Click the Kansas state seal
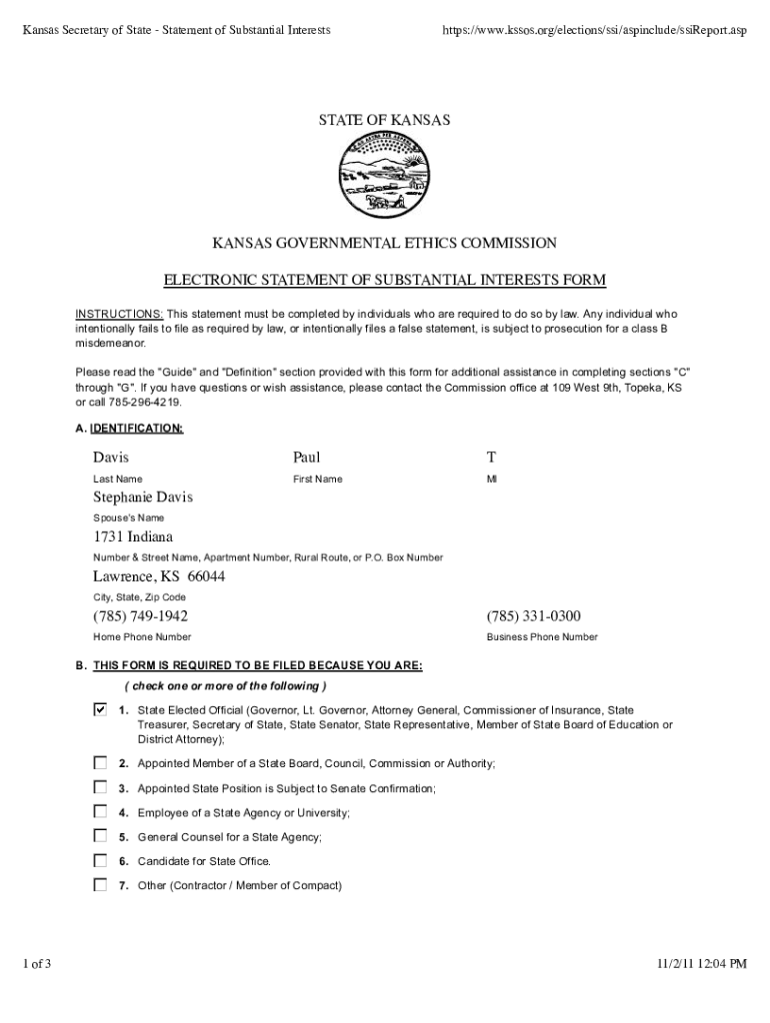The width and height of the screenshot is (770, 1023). coord(384,178)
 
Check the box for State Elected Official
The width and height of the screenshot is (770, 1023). coord(100,710)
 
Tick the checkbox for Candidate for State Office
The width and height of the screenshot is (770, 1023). coord(100,860)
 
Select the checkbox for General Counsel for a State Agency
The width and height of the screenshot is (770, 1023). coord(100,836)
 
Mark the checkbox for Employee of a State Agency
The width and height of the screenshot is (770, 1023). coord(100,811)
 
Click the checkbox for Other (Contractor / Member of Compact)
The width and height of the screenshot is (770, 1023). coord(100,884)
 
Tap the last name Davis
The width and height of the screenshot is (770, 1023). coord(111,458)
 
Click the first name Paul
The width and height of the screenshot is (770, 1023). coord(306,458)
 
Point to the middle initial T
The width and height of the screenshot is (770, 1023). coord(491,458)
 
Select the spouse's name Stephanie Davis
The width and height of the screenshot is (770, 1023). coord(143,498)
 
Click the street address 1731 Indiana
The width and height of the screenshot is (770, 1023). coord(133,537)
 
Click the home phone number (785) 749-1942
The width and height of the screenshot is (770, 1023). coord(141,615)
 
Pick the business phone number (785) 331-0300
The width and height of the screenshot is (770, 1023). coord(534,615)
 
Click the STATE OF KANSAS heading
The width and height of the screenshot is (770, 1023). coord(385,121)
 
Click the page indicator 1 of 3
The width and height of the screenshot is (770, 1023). coord(37,964)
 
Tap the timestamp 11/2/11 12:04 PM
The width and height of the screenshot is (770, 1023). coord(702,964)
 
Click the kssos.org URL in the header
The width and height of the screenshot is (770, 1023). coord(594,31)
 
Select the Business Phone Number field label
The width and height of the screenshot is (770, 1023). coord(542,637)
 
